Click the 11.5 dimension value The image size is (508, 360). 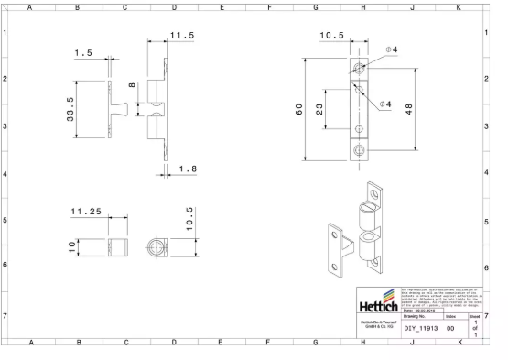(x=182, y=35)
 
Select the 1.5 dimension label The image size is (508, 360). (x=83, y=53)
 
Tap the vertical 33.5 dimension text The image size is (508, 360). (x=70, y=110)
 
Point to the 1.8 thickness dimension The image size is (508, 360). (x=186, y=169)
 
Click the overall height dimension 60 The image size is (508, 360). (x=297, y=110)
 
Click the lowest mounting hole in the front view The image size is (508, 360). (x=358, y=148)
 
